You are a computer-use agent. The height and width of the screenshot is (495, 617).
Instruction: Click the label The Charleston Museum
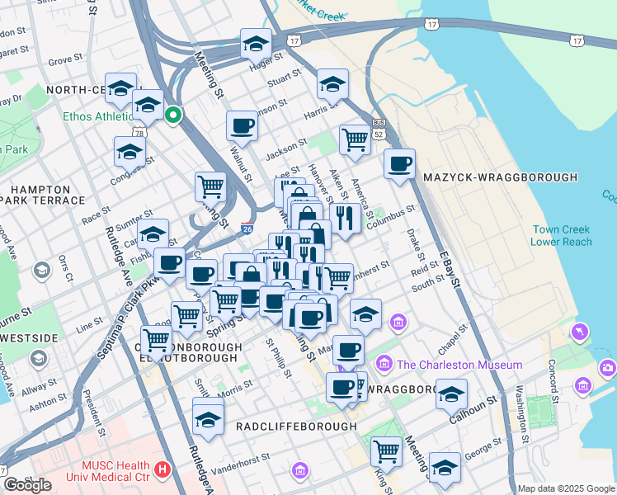[x=459, y=365]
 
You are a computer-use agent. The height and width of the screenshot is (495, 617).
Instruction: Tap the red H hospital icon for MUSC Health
[x=162, y=470]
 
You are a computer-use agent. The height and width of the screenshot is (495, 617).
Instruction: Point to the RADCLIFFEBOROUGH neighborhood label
[x=296, y=427]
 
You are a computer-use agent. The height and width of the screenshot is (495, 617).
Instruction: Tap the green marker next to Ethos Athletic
[x=173, y=115]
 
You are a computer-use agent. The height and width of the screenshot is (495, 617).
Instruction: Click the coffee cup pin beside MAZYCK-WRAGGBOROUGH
[x=400, y=163]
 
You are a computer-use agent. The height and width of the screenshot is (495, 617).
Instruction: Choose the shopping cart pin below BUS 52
[x=355, y=139]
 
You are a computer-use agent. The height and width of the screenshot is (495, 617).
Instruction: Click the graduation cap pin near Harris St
[x=332, y=83]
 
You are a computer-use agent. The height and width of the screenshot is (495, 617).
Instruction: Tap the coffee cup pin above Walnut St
[x=242, y=125]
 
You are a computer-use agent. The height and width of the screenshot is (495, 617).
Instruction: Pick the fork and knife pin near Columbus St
[x=345, y=218]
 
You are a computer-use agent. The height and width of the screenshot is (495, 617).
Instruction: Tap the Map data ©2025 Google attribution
[x=565, y=488]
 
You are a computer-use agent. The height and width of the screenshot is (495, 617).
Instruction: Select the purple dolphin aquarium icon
[x=580, y=332]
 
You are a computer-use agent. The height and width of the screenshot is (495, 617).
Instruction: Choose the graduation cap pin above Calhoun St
[x=451, y=394]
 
